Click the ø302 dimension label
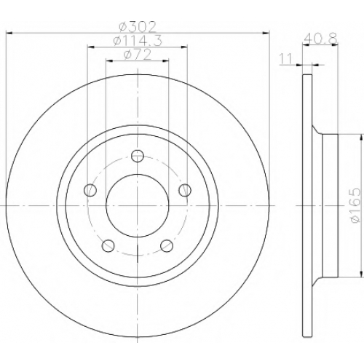[x=138, y=27]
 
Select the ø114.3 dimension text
[x=138, y=40]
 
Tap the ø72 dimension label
[x=138, y=54]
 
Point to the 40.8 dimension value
[x=321, y=38]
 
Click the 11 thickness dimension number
[x=285, y=59]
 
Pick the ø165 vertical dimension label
[x=355, y=205]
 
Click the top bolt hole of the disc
[x=138, y=156]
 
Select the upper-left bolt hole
[x=90, y=190]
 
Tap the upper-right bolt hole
[x=185, y=190]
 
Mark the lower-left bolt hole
[x=108, y=245]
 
